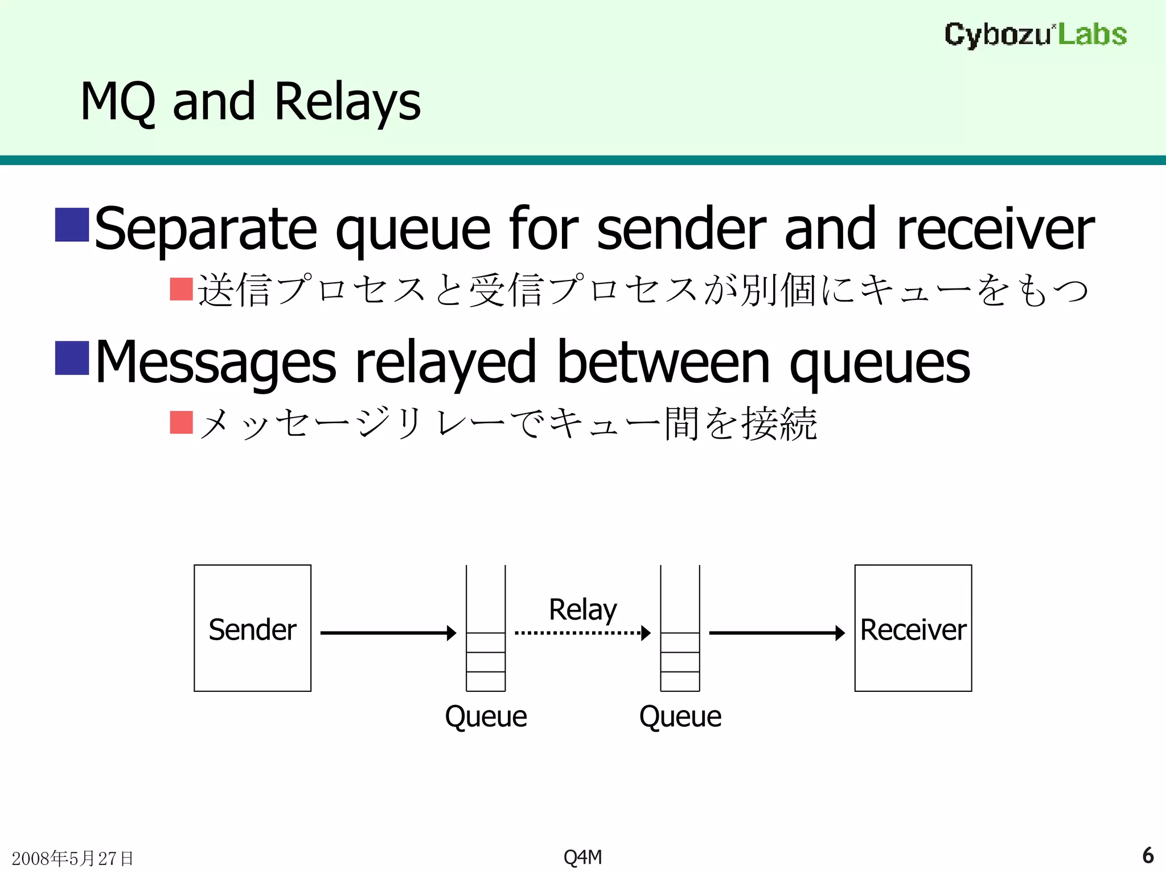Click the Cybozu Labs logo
click(1035, 35)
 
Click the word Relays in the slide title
click(347, 102)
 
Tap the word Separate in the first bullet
click(206, 229)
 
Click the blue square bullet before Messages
click(72, 358)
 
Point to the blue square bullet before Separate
click(72, 225)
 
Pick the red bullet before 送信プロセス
click(182, 289)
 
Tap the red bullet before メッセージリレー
click(182, 422)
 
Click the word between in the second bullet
click(663, 362)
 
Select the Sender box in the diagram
click(252, 628)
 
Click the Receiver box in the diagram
click(913, 628)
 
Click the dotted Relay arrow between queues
click(582, 633)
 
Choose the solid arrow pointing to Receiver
click(777, 633)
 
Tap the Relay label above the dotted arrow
click(582, 610)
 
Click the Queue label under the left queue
click(486, 716)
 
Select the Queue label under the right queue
click(680, 716)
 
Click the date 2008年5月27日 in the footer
click(72, 858)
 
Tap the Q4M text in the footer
click(582, 857)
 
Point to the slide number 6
click(1148, 855)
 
